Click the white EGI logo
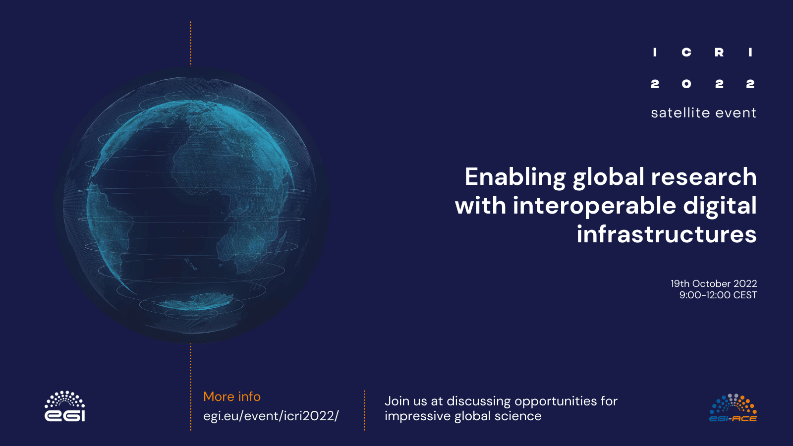click(x=65, y=406)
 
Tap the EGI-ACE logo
click(x=733, y=408)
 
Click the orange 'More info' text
click(x=232, y=397)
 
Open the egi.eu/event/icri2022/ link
click(x=271, y=416)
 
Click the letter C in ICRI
click(x=686, y=53)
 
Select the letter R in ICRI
click(x=719, y=53)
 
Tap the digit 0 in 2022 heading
click(x=686, y=84)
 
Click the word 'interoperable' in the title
click(x=594, y=206)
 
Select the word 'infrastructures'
click(x=667, y=234)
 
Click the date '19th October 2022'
click(x=714, y=283)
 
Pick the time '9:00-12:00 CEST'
click(x=718, y=295)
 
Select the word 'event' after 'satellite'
click(x=736, y=113)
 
